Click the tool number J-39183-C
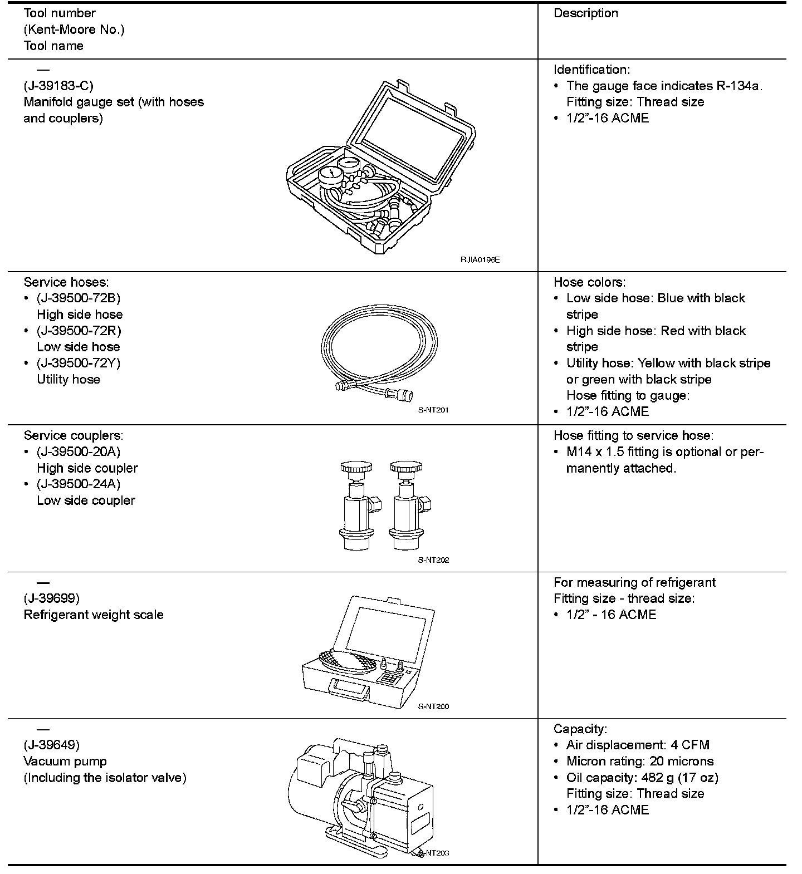click(58, 86)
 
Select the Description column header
click(585, 13)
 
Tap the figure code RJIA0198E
click(480, 259)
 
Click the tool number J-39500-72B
click(79, 298)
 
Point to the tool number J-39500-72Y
click(79, 363)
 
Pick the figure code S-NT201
click(433, 410)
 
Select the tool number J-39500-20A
click(79, 451)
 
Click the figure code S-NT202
click(433, 560)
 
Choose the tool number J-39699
click(52, 598)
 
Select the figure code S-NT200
click(433, 706)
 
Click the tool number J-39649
click(52, 745)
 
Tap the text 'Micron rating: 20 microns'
click(639, 761)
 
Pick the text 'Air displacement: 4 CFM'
click(638, 745)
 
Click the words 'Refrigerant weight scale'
click(94, 615)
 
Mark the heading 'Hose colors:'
click(589, 282)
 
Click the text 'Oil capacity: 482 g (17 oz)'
click(642, 777)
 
